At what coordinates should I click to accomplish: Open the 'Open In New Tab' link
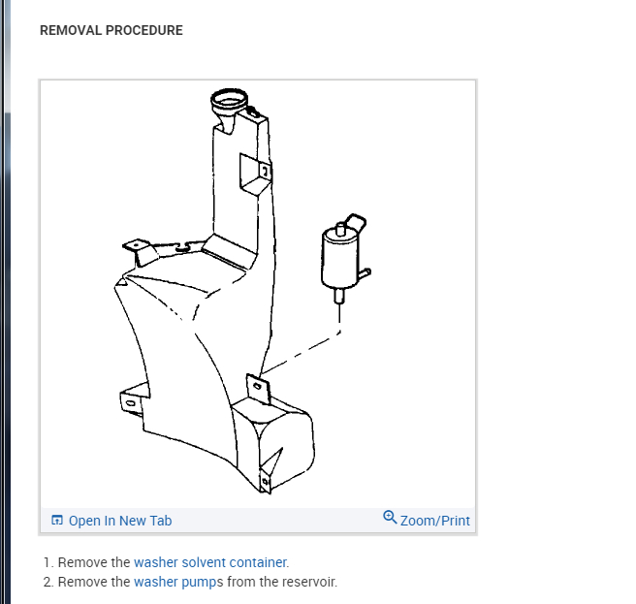(x=119, y=521)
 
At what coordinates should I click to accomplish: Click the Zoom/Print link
(x=434, y=521)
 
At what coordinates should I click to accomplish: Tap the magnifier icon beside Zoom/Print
(x=390, y=517)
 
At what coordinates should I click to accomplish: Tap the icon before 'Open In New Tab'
(x=57, y=521)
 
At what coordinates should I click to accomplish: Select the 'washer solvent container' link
(x=210, y=562)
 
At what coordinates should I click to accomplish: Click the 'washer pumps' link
(x=178, y=582)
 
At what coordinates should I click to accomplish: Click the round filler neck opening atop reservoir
(x=230, y=98)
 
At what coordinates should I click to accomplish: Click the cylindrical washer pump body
(x=336, y=256)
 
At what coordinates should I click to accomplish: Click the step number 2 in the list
(x=48, y=582)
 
